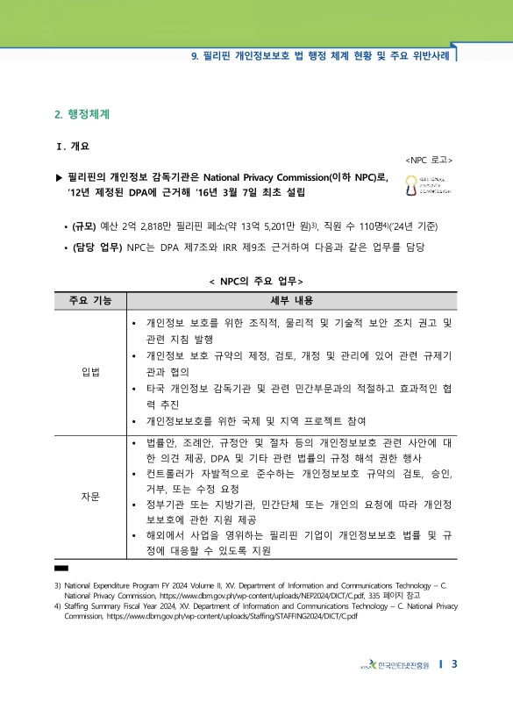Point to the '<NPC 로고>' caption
430,161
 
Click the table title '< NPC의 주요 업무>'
256,281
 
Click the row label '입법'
89,371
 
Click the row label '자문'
89,497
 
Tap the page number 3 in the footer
454,664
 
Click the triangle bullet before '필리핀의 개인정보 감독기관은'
59,177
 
